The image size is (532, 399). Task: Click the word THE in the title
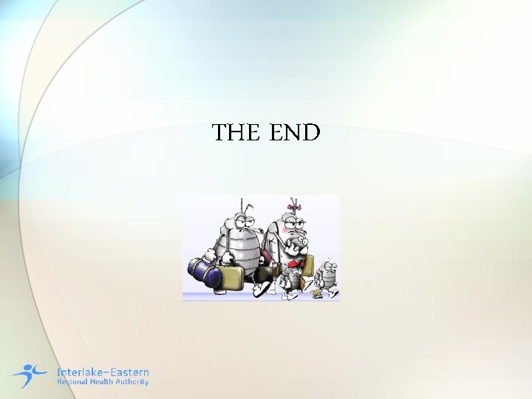click(x=236, y=133)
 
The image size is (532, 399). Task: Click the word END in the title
click(x=295, y=133)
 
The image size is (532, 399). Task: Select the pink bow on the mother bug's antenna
click(x=296, y=207)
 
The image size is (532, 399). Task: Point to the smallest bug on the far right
click(x=326, y=276)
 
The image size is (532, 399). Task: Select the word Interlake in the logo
click(x=79, y=372)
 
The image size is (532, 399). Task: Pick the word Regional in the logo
click(x=72, y=382)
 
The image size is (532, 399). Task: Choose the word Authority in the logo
click(x=133, y=382)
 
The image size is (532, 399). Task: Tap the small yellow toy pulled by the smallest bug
click(x=317, y=294)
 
